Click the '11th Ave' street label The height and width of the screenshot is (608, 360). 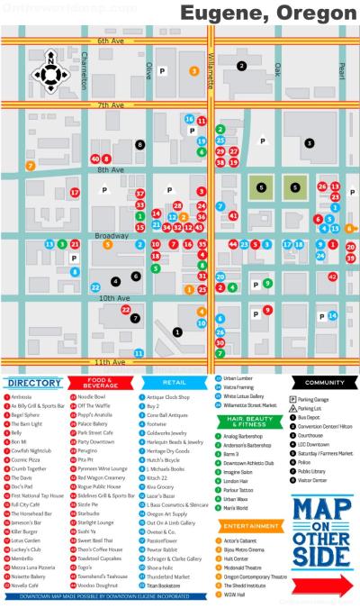tap(111, 361)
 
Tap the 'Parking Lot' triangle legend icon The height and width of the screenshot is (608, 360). tap(292, 407)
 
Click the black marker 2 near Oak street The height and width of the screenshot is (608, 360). tap(241, 65)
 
